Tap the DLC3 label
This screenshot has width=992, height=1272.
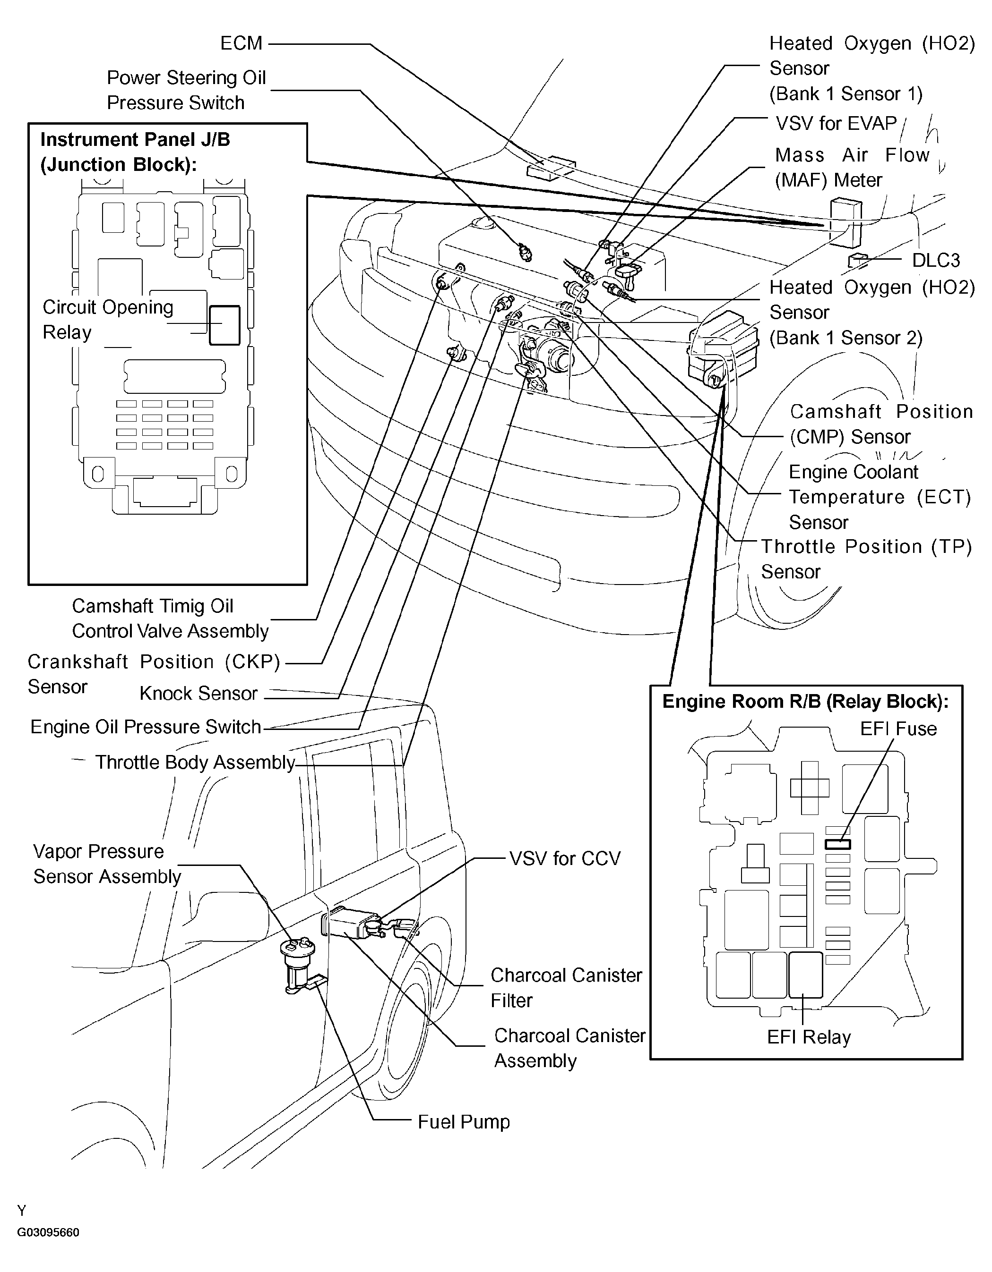(x=935, y=260)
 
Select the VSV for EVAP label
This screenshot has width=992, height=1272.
(x=836, y=124)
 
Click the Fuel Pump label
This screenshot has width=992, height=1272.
(x=463, y=1122)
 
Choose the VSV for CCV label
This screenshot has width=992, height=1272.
(x=565, y=858)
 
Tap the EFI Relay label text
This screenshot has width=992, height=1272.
(x=809, y=1037)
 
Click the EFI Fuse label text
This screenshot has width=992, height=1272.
(x=898, y=729)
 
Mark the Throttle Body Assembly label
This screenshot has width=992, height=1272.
(x=195, y=763)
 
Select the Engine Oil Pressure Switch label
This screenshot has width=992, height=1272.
(x=146, y=727)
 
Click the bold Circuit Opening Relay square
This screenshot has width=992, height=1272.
(x=224, y=325)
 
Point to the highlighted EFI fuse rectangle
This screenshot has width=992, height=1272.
(x=837, y=844)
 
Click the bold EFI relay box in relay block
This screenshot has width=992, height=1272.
(x=805, y=975)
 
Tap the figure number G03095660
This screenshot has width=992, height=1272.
(x=48, y=1232)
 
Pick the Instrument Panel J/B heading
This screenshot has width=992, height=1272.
(x=135, y=152)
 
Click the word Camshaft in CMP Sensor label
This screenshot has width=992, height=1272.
(x=835, y=412)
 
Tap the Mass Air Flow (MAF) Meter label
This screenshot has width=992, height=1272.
(x=852, y=167)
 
